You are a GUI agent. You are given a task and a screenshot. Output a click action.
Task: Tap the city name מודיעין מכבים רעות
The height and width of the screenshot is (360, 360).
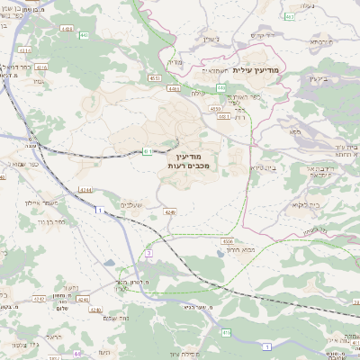[188, 161]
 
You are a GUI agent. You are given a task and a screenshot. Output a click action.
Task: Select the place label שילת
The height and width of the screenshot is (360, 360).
[199, 92]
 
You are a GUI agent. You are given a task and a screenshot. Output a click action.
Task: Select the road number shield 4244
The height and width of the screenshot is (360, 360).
[85, 190]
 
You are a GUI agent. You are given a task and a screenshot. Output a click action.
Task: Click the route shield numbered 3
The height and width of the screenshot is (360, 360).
[148, 253]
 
